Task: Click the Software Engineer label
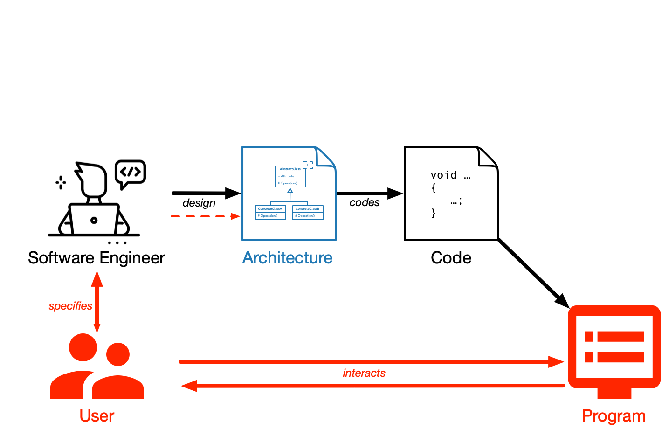click(97, 258)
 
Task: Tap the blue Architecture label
click(287, 258)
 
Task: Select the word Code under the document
click(451, 258)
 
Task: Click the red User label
click(97, 415)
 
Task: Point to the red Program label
click(614, 415)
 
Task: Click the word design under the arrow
click(199, 203)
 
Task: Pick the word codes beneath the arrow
click(365, 202)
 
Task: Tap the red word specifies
click(70, 306)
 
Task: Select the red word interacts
click(364, 373)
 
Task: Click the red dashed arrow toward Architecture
click(205, 216)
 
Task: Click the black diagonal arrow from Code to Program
click(533, 273)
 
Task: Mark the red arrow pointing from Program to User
click(373, 386)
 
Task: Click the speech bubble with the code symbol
click(131, 173)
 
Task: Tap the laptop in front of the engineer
click(94, 219)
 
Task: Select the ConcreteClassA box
click(270, 212)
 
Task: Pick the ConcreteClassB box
click(308, 212)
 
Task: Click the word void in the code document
click(443, 175)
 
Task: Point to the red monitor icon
click(614, 350)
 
